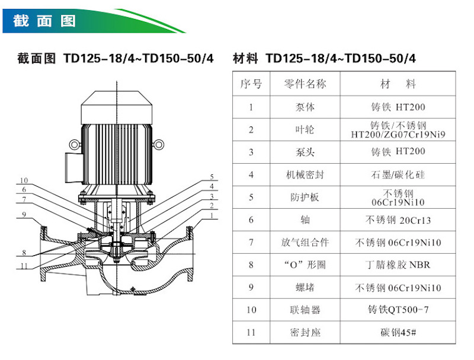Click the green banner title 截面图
tap(44, 21)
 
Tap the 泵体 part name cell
tap(305, 107)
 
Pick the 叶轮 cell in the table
tap(305, 130)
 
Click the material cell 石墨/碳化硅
tap(398, 175)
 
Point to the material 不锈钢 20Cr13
tap(398, 220)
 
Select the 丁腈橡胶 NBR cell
tap(398, 265)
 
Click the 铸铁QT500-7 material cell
tap(398, 310)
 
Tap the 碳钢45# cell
tap(398, 332)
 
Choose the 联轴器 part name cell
tap(305, 310)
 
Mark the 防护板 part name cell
tap(305, 197)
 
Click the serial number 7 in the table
tap(251, 243)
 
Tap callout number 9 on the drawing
tap(23, 215)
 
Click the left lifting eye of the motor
tap(75, 144)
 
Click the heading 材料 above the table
tap(245, 59)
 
